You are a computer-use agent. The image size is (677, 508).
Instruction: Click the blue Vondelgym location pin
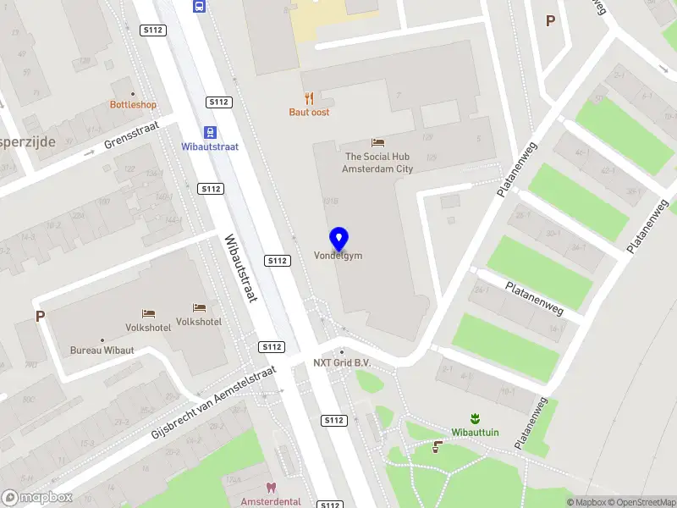pos(338,238)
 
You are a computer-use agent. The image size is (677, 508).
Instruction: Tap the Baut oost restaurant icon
pos(309,98)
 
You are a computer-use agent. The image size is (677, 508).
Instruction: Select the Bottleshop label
pos(133,105)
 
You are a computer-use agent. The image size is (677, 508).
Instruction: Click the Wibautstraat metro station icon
pos(210,131)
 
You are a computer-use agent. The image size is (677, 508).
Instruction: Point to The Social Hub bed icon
pos(377,142)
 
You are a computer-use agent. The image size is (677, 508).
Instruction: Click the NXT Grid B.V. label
pos(343,363)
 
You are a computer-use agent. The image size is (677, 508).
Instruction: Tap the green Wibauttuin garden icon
pos(475,418)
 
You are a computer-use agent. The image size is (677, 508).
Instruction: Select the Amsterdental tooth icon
pos(271,488)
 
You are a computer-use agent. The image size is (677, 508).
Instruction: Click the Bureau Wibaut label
pos(102,350)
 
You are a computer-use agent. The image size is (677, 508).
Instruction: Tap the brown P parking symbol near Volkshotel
pos(39,317)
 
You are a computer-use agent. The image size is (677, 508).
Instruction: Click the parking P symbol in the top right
pos(550,20)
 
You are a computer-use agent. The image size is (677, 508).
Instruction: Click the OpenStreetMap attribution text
pos(641,502)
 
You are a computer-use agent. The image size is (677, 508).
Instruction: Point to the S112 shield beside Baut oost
pos(218,102)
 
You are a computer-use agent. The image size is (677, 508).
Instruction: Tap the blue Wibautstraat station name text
pos(210,146)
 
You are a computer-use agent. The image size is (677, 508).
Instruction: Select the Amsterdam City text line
pos(377,168)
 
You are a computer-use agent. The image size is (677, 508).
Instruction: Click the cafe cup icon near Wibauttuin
pos(437,446)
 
